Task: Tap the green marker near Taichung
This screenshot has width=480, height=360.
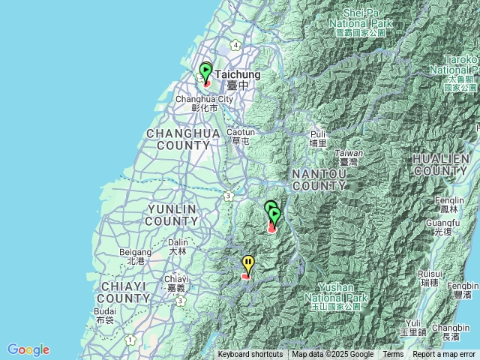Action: click(205, 72)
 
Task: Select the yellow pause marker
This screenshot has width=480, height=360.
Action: click(248, 263)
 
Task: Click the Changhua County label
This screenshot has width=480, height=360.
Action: click(183, 139)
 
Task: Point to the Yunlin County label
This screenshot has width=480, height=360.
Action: click(172, 214)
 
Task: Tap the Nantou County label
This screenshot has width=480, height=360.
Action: click(319, 179)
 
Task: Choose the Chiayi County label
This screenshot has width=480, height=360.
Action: click(124, 292)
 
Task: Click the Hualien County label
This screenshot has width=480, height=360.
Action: click(441, 165)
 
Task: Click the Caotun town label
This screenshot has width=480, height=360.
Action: click(241, 136)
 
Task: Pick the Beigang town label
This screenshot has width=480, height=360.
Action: click(136, 256)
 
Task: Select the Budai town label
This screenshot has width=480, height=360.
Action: click(106, 315)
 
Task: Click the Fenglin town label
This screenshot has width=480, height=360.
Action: click(449, 205)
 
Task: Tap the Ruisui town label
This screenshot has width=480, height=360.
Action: click(430, 278)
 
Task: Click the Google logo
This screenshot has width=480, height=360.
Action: click(28, 349)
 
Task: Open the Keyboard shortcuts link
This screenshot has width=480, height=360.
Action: click(250, 355)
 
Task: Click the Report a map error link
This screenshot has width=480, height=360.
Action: click(444, 355)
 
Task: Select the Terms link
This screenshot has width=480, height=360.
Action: click(393, 355)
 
